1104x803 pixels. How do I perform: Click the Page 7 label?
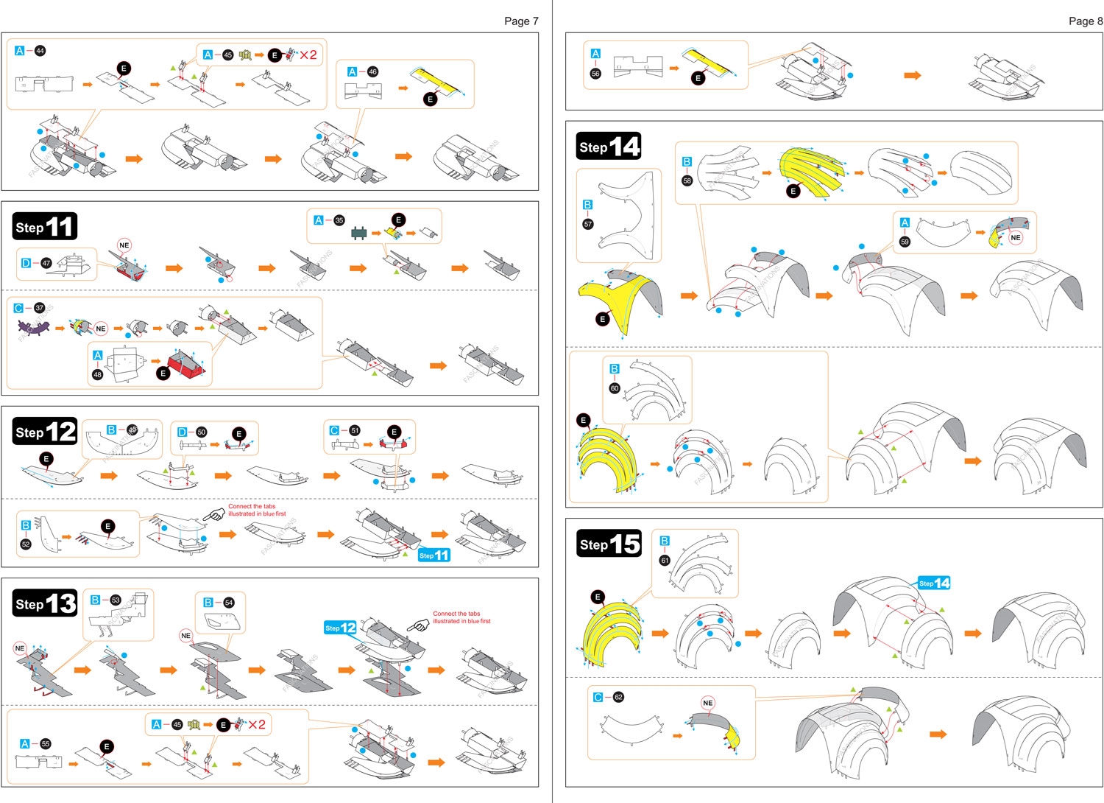pos(521,21)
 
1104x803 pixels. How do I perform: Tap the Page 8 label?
pos(1086,21)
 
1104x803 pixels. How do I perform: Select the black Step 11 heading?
pos(45,227)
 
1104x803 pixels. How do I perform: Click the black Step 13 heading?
pos(45,604)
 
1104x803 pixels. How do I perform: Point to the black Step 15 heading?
pos(609,544)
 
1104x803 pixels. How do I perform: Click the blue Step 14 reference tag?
pos(934,583)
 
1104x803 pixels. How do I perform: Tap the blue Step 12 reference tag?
pos(340,628)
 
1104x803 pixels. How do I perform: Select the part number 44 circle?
pos(40,51)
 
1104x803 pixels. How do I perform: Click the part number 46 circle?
pos(372,71)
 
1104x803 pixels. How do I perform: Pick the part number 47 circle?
pos(46,263)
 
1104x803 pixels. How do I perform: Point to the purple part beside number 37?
pos(35,325)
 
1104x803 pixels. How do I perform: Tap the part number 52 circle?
pos(26,544)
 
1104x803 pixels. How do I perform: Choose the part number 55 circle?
pos(46,744)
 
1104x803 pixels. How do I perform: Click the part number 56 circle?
pos(595,74)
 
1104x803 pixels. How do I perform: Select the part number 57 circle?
pos(587,224)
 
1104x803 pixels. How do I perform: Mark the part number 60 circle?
pos(615,388)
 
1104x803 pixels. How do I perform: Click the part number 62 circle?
pos(618,697)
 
